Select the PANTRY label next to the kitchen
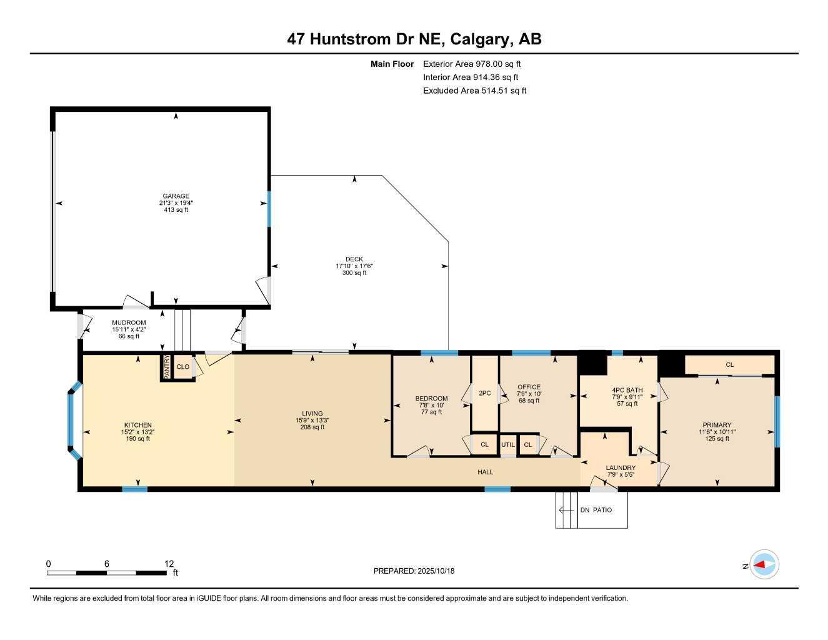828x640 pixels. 167,367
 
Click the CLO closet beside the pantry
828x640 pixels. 182,367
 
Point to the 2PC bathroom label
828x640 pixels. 484,394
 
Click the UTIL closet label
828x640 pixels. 508,445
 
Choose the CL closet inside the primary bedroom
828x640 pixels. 729,365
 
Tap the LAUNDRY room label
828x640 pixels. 620,467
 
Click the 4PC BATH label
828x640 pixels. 627,390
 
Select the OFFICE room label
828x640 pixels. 529,387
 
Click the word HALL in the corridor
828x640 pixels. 486,472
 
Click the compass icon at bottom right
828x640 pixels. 764,565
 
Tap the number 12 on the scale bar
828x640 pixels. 169,563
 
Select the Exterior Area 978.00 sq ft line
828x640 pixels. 472,64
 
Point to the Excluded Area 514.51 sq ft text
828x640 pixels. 474,91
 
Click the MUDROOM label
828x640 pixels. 129,322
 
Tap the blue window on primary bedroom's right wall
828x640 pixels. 777,422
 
